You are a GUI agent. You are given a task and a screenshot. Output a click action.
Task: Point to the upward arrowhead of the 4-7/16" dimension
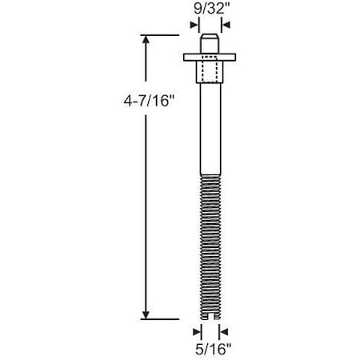coord(146,41)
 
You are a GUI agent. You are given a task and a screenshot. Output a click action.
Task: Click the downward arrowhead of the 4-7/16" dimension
coord(146,313)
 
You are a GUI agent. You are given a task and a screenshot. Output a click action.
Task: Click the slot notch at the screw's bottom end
coord(208,318)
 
